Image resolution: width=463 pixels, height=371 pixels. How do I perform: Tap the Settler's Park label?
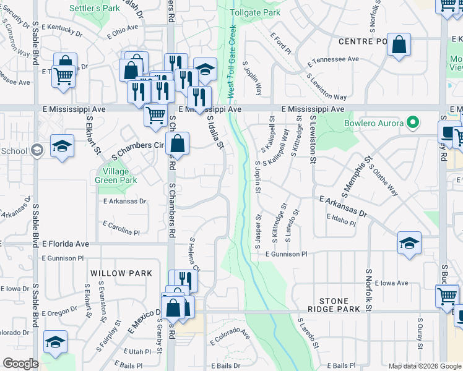[93, 9]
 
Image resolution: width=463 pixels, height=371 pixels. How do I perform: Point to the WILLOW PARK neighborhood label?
[121, 273]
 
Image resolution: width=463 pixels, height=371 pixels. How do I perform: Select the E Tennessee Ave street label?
[334, 59]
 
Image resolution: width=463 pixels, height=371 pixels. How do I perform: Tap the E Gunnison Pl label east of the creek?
[287, 254]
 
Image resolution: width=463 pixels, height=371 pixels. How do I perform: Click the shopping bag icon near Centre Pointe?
[399, 45]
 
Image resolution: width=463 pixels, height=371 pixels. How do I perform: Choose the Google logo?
[20, 364]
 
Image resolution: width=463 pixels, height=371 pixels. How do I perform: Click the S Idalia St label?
[214, 132]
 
